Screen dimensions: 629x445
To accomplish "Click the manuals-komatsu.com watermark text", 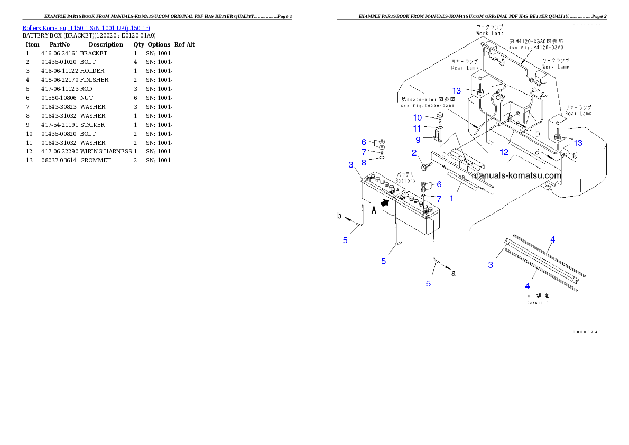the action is click(516, 175).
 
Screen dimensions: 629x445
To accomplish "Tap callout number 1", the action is click(451, 199).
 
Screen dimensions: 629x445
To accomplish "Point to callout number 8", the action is click(364, 162).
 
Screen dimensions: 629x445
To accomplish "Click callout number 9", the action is click(418, 140).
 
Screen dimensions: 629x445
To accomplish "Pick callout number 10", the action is click(418, 118).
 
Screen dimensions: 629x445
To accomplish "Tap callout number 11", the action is click(418, 128).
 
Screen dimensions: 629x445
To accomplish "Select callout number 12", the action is click(504, 153).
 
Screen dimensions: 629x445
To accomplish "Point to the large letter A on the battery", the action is click(374, 209).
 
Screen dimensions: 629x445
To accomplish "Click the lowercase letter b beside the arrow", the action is click(340, 216).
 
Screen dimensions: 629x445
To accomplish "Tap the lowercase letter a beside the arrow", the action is click(453, 273).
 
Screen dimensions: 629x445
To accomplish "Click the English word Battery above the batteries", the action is click(406, 181).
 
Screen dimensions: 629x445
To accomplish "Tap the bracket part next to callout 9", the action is click(438, 137).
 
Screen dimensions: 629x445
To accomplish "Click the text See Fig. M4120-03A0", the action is click(536, 47).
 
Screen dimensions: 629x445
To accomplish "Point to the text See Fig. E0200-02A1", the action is click(427, 105).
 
